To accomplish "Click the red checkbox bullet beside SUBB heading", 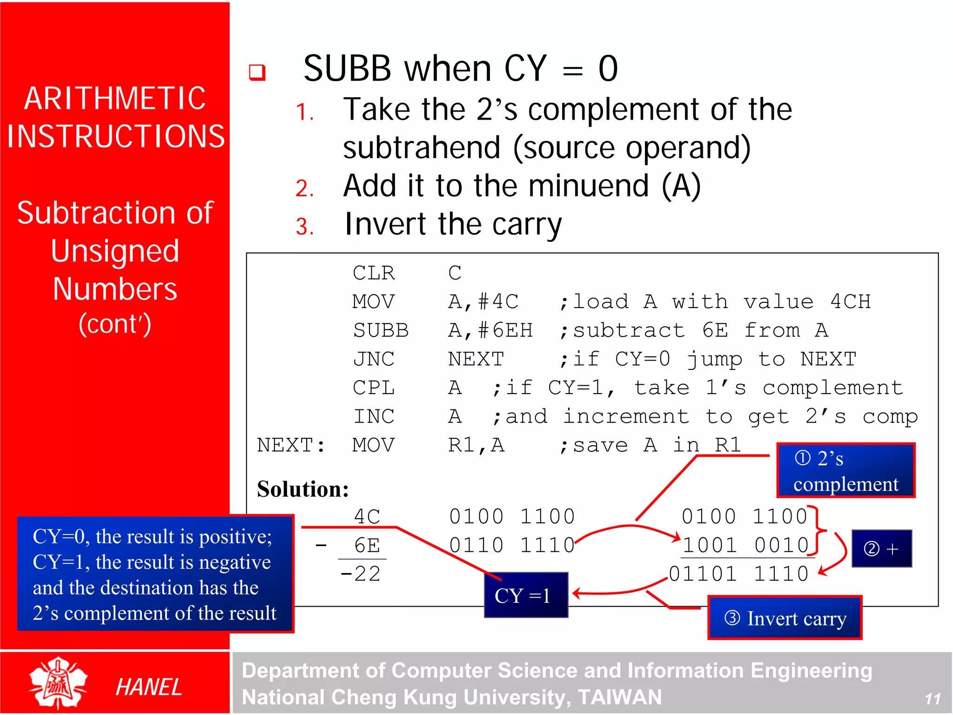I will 257,72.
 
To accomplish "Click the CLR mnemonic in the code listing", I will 374,273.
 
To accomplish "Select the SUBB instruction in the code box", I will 380,330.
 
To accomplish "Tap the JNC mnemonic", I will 374,359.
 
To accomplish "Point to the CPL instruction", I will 374,388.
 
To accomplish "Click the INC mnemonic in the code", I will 374,417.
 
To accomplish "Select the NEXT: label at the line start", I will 291,445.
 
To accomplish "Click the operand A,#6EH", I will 490,330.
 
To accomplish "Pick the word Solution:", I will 303,489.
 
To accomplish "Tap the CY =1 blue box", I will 526,595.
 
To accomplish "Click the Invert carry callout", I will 785,618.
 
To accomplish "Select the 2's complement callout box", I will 846,471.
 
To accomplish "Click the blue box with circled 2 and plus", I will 881,549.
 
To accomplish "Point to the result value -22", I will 360,574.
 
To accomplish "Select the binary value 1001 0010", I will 746,545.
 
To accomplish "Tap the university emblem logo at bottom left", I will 58,683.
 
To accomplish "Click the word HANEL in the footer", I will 148,687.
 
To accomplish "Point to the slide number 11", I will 932,699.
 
